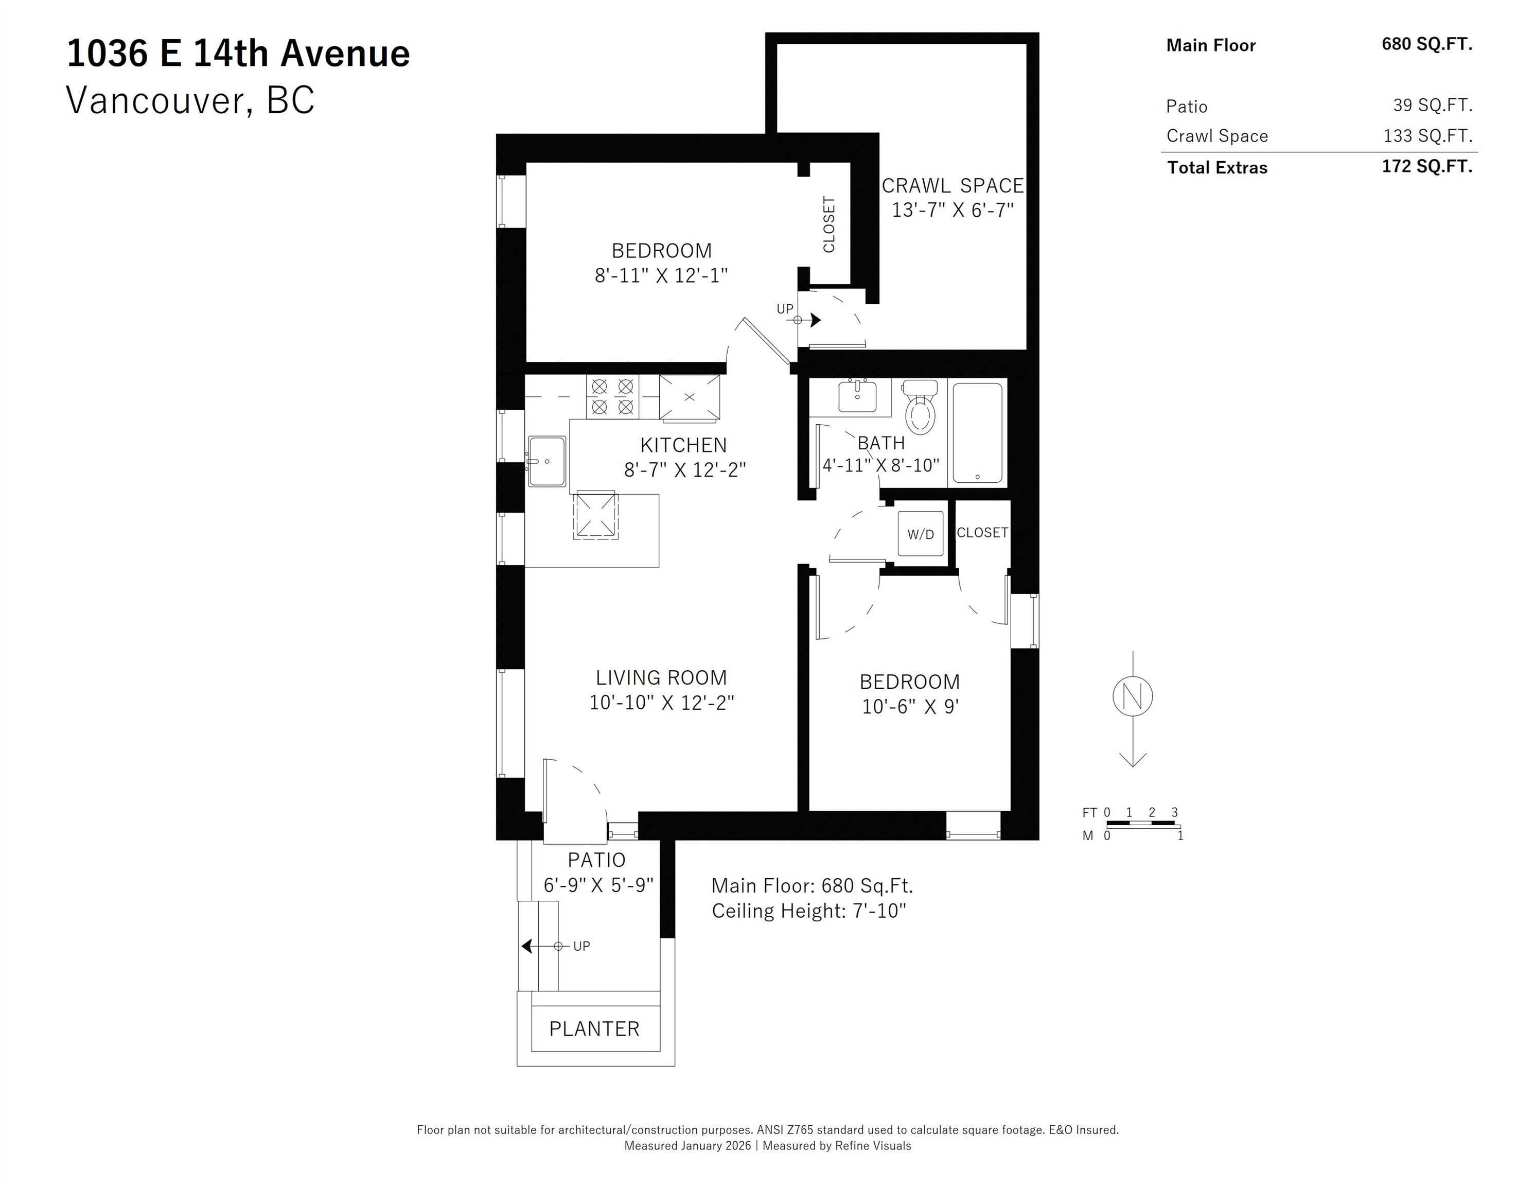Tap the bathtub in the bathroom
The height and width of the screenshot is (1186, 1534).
[977, 432]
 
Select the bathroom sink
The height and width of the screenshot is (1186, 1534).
[857, 396]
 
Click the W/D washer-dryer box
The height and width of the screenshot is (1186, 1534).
[921, 534]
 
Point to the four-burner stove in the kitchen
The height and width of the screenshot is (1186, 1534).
[612, 397]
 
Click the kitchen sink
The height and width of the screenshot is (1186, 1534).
[547, 461]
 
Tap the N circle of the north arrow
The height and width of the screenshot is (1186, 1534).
[1132, 696]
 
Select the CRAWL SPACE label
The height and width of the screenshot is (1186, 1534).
[953, 185]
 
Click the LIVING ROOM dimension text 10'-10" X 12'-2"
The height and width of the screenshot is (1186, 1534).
[661, 702]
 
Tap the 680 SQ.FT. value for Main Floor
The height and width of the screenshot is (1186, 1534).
[1426, 44]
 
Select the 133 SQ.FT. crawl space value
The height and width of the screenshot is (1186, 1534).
[1427, 135]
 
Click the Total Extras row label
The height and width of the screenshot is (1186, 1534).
[1217, 167]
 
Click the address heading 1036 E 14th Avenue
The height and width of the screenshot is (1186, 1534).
[238, 54]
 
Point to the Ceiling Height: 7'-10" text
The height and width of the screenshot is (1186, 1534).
[808, 911]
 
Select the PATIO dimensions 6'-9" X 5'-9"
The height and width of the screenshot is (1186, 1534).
[598, 884]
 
